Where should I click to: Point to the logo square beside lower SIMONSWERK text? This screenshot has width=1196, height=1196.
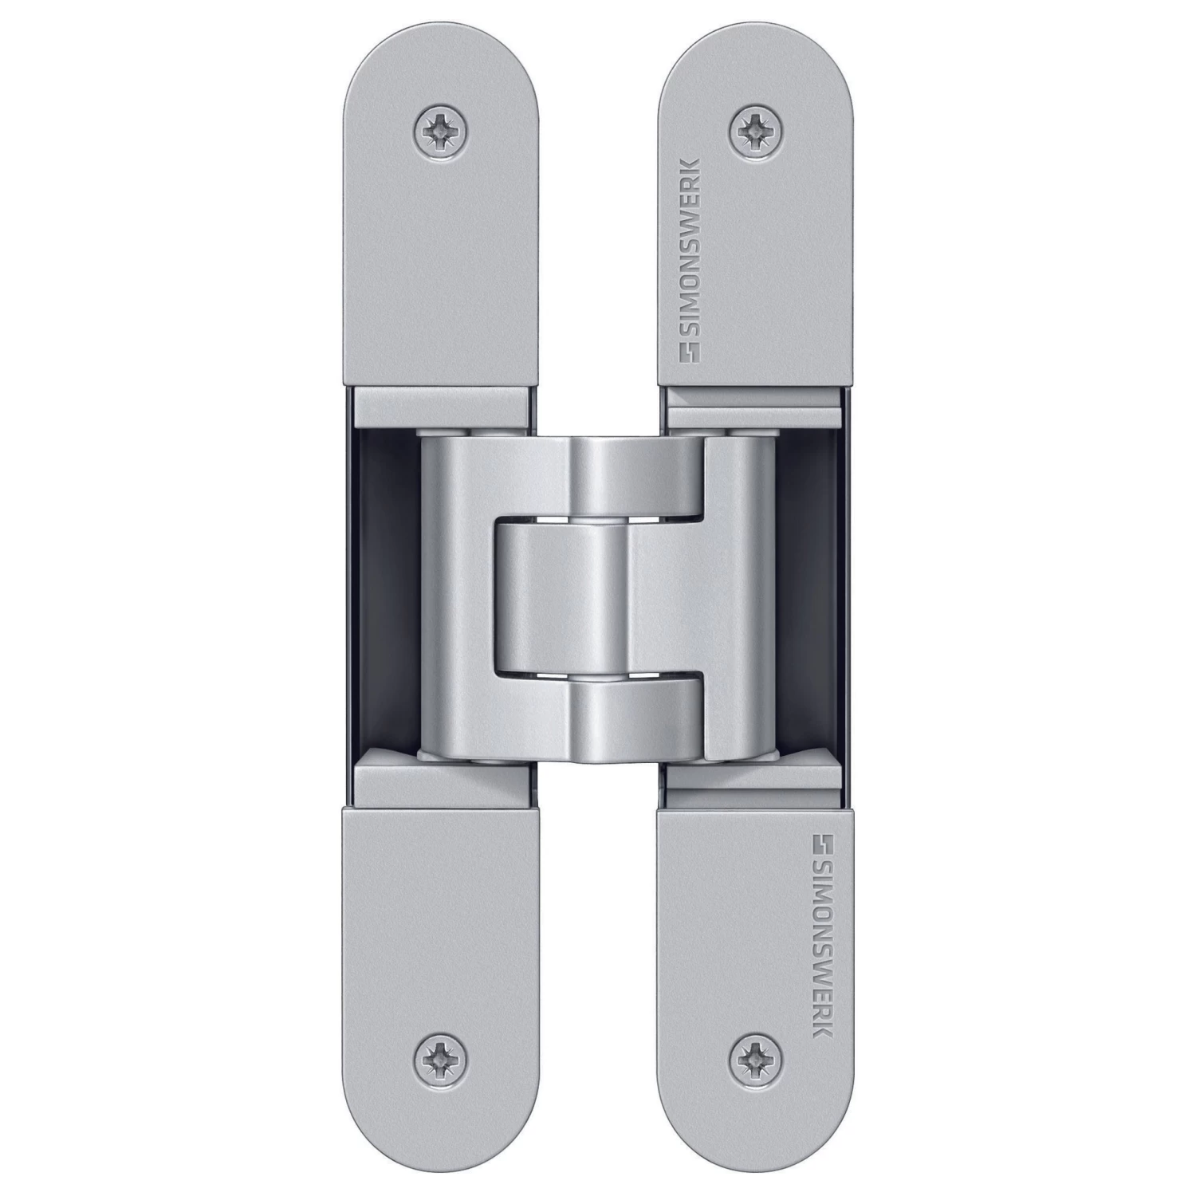(823, 844)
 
